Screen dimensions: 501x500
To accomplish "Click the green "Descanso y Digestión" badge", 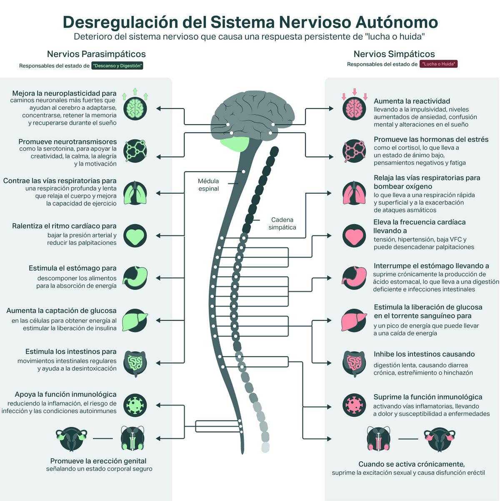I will pyautogui.click(x=117, y=65).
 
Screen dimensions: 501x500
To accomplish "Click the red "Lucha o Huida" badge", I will pyautogui.click(x=438, y=64).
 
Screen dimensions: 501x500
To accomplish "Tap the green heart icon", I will pyautogui.click(x=135, y=236).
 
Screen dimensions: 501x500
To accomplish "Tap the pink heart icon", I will pyautogui.click(x=354, y=235).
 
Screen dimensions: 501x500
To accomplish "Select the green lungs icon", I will pyautogui.click(x=135, y=193).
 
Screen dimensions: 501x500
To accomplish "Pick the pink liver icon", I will pyautogui.click(x=354, y=320).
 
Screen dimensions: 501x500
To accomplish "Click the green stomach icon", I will pyautogui.click(x=135, y=278).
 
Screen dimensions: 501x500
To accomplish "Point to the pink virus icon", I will pyautogui.click(x=354, y=405).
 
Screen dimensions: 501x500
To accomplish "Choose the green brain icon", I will pyautogui.click(x=135, y=109).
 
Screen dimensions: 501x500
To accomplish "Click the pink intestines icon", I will pyautogui.click(x=354, y=363).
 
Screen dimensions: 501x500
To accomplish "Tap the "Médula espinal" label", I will pyautogui.click(x=208, y=185).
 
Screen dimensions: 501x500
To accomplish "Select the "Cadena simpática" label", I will pyautogui.click(x=282, y=224).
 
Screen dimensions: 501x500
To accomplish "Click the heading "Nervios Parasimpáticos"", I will pyautogui.click(x=96, y=54).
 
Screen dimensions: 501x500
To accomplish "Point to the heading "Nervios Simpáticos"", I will pyautogui.click(x=394, y=54).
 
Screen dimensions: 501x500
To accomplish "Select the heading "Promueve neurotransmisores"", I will pyautogui.click(x=67, y=142).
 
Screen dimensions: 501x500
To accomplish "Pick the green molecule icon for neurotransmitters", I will pyautogui.click(x=135, y=151).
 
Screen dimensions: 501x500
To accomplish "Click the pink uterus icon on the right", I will pyautogui.click(x=439, y=439).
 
